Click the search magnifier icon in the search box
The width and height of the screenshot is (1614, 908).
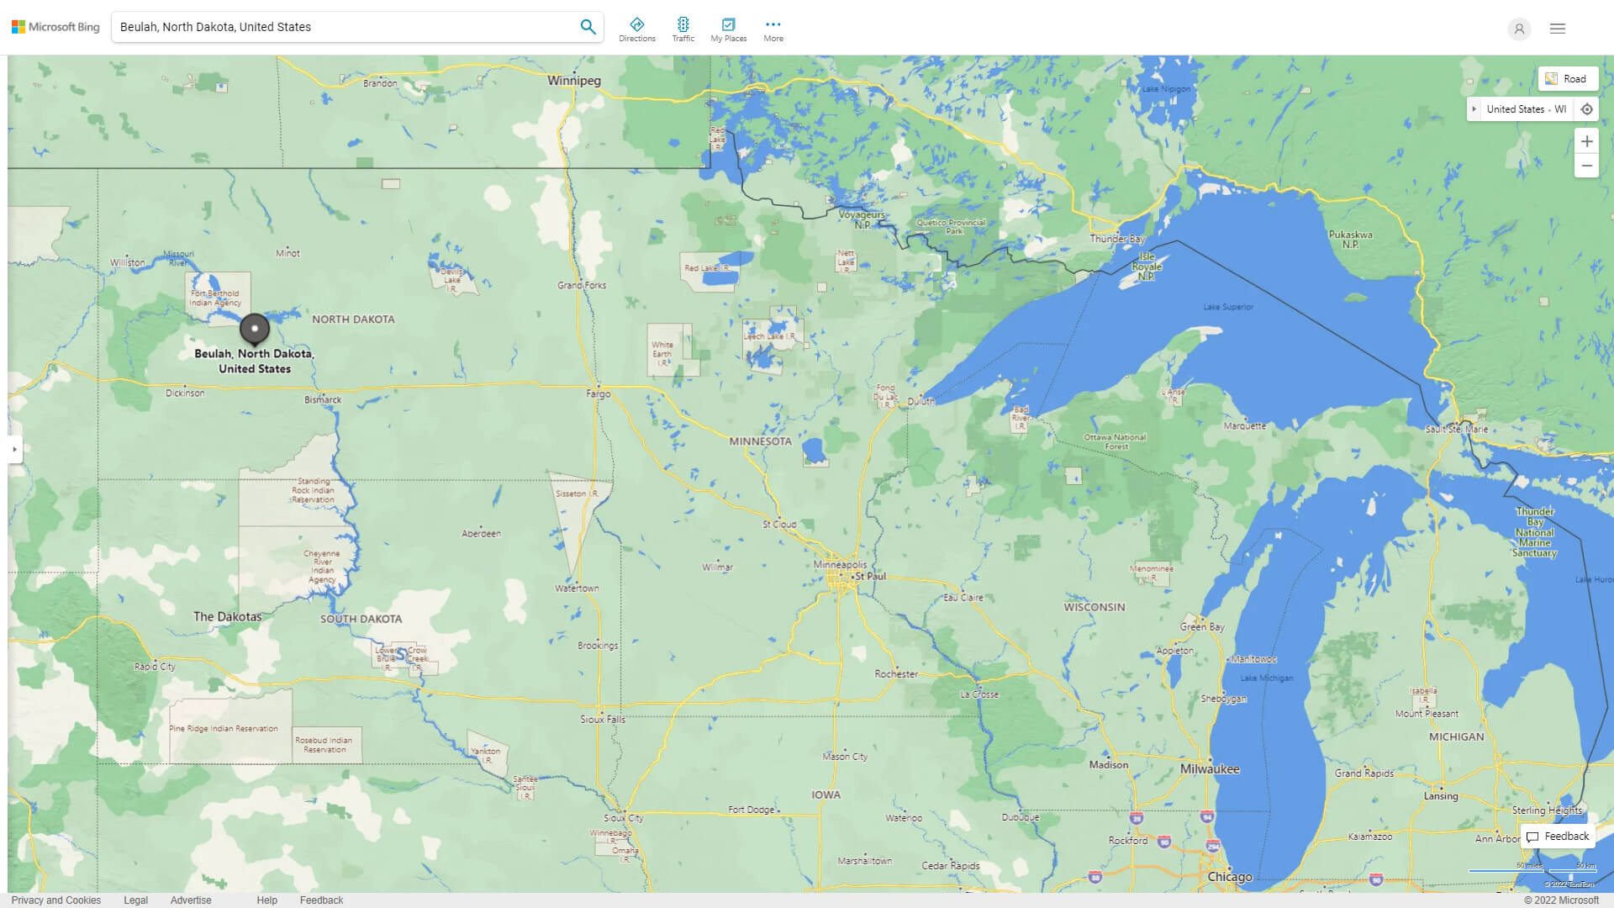[x=588, y=27]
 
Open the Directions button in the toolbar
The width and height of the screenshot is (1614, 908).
[x=637, y=29]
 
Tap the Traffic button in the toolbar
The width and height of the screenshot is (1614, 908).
[x=683, y=29]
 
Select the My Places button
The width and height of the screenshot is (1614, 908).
[x=728, y=29]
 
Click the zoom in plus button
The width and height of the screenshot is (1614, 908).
[x=1586, y=141]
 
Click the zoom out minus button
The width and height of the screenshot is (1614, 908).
[x=1586, y=166]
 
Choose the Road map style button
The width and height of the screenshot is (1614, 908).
[x=1567, y=79]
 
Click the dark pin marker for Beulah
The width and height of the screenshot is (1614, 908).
[x=255, y=329]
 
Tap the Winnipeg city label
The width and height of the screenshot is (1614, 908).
[x=574, y=81]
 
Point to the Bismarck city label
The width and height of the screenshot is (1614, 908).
[x=323, y=400]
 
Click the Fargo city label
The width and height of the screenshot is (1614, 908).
[x=599, y=393]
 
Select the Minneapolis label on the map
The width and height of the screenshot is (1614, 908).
[x=840, y=565]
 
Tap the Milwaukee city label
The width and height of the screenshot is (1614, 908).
[x=1210, y=769]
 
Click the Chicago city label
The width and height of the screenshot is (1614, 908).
[x=1230, y=877]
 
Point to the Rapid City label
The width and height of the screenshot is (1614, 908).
[x=155, y=667]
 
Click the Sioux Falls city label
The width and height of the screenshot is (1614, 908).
[x=603, y=720]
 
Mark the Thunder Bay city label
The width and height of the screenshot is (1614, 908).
[x=1117, y=239]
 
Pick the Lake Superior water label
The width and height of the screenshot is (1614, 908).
[x=1228, y=307]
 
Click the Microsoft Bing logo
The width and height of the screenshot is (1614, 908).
[x=55, y=27]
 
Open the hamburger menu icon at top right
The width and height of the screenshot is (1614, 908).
[x=1558, y=29]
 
